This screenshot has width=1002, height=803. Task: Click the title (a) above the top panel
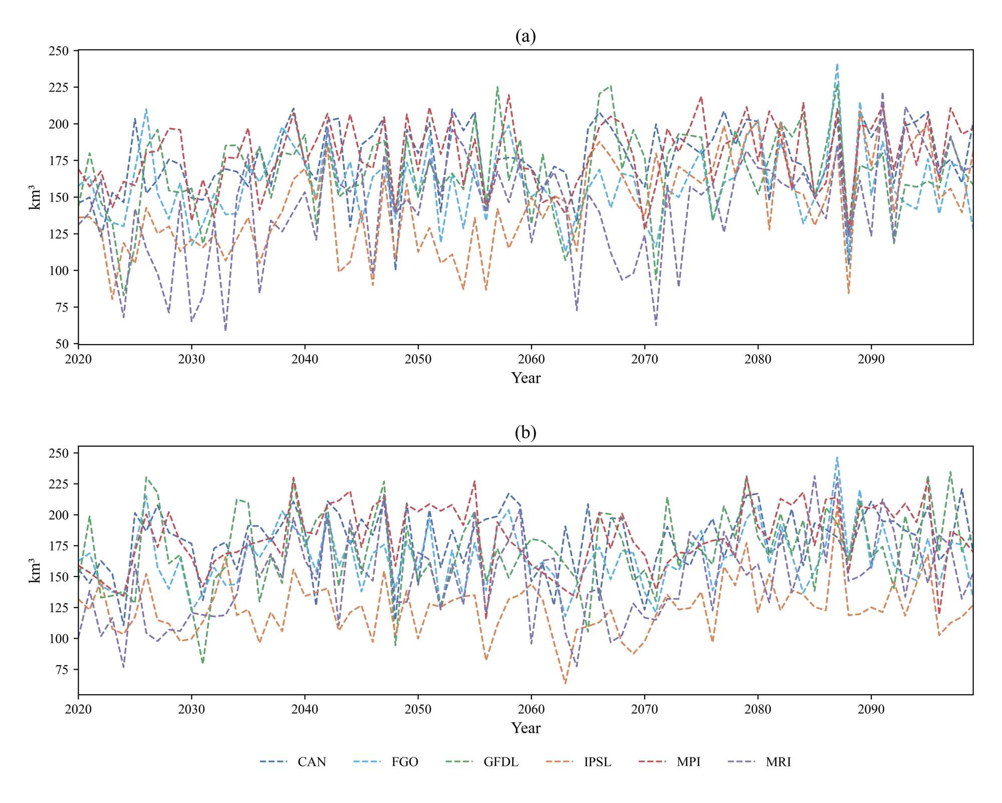(525, 37)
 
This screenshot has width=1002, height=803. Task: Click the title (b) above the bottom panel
(525, 432)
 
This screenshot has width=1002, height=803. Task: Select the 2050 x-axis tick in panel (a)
(418, 359)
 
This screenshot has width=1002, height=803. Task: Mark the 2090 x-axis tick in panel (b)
(871, 709)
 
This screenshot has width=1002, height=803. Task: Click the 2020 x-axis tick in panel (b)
(79, 709)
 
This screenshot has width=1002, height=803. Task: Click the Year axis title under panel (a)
(526, 378)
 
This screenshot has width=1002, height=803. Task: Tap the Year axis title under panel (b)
(526, 728)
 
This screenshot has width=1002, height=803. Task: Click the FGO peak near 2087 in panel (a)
(837, 64)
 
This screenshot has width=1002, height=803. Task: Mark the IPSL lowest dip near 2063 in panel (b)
(565, 683)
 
